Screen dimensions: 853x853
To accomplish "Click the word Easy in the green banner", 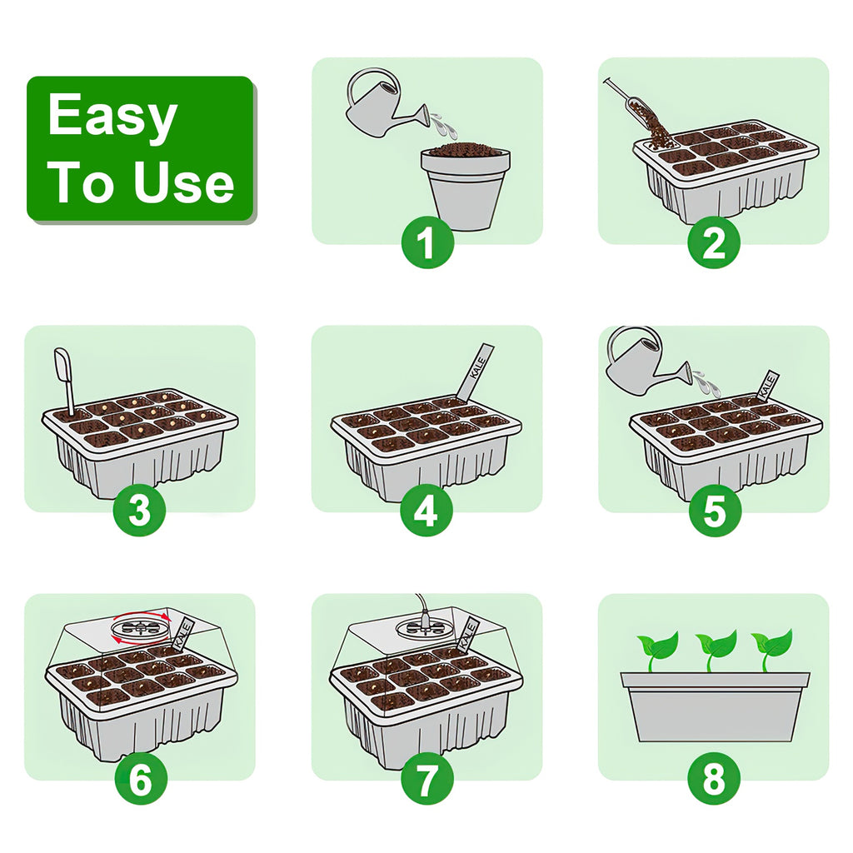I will (x=112, y=116).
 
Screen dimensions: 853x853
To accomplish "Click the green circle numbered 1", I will (x=427, y=243).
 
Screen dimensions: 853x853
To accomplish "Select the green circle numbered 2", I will (x=714, y=243).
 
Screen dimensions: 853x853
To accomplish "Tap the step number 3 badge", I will (x=140, y=511).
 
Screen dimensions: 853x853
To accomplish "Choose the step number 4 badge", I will (x=426, y=511).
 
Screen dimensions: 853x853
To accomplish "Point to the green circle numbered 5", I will (x=714, y=511).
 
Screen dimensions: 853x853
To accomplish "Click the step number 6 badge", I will (x=140, y=780).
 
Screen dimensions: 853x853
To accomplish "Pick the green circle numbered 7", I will (x=426, y=780).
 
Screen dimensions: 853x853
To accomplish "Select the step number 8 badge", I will (x=714, y=780).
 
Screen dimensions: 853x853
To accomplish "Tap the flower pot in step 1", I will (x=465, y=188).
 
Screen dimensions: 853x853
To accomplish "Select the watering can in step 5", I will (x=641, y=358).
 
